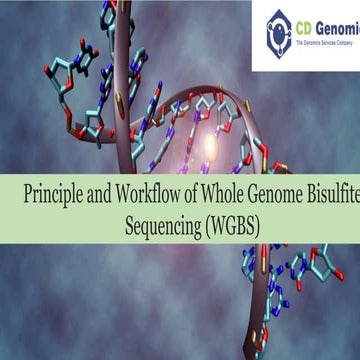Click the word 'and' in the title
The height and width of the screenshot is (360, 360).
tap(101, 195)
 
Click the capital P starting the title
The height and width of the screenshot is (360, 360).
tap(29, 195)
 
